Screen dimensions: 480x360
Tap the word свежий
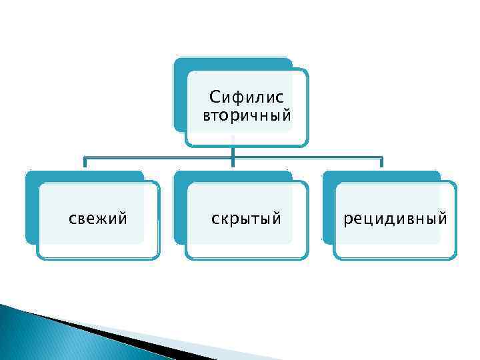click(99, 218)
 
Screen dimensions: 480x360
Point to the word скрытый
click(246, 219)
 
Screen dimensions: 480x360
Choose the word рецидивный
click(395, 219)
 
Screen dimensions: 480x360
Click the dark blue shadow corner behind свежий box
click(31, 177)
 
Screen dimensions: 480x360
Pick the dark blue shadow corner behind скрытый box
click(179, 177)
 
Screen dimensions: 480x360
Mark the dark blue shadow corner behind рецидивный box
click(328, 177)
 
